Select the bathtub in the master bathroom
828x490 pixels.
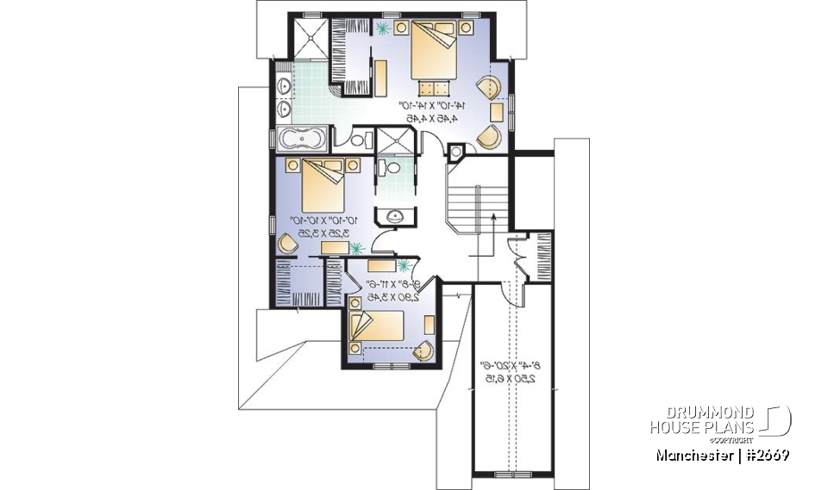click(304, 138)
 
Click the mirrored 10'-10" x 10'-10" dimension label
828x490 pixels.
click(317, 226)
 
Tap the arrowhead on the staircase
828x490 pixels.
click(491, 219)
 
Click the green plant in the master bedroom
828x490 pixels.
click(382, 28)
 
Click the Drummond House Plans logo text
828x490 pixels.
click(704, 419)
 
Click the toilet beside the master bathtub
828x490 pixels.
click(361, 138)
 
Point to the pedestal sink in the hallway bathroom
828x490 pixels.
click(394, 216)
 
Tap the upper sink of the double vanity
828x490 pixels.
click(285, 85)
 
